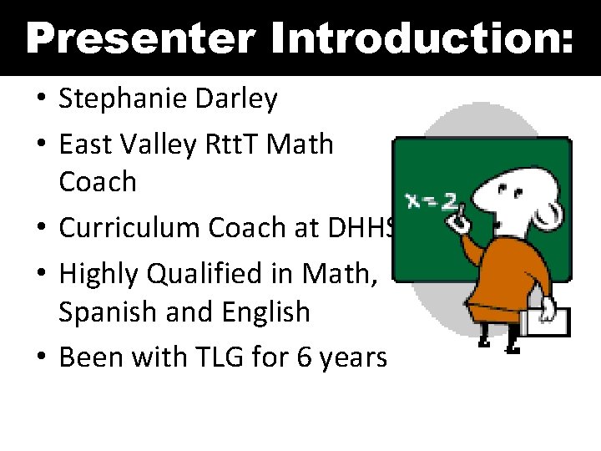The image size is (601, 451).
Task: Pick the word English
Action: pos(266,312)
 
